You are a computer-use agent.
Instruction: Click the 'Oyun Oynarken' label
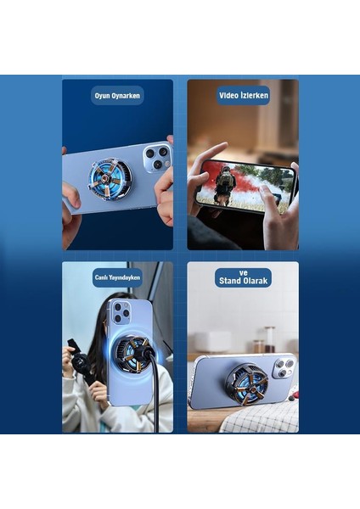click(x=117, y=96)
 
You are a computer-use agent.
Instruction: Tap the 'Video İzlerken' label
click(x=243, y=96)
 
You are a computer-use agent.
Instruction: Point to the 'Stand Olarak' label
click(x=243, y=282)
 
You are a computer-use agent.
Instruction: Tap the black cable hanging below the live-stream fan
click(x=155, y=407)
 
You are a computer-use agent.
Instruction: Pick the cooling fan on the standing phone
click(x=246, y=382)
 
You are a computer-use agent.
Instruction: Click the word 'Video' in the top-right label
click(x=230, y=96)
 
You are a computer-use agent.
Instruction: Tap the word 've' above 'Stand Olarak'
click(x=243, y=272)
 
